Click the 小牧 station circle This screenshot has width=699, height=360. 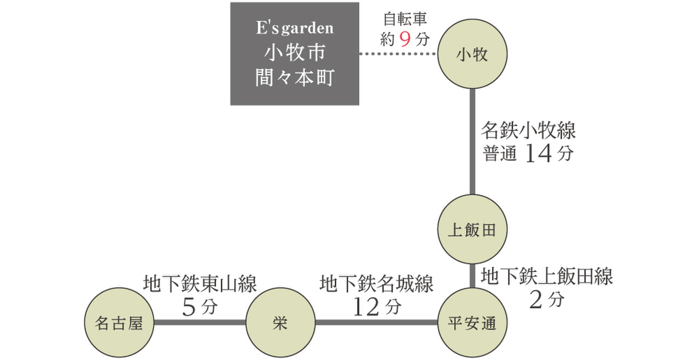472,54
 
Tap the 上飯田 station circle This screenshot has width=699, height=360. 472,230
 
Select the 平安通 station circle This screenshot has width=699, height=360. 472,322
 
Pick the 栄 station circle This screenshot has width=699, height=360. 280,322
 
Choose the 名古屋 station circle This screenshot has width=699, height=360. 119,322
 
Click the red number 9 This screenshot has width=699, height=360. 405,40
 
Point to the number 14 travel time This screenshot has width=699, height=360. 538,153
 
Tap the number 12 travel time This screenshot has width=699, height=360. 366,307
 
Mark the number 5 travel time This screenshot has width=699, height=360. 189,307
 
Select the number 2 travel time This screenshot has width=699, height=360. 535,300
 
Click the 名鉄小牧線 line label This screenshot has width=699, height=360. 528,130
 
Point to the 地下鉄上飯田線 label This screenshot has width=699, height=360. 547,276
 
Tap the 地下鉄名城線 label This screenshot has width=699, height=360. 376,284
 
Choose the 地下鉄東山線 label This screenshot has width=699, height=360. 200,284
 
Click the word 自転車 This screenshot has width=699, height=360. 405,19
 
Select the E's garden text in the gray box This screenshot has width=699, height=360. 295,28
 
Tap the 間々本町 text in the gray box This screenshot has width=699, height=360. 295,77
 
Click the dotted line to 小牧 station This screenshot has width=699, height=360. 398,54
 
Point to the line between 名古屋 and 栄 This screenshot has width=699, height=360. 200,322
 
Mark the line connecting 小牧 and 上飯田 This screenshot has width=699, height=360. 472,142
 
